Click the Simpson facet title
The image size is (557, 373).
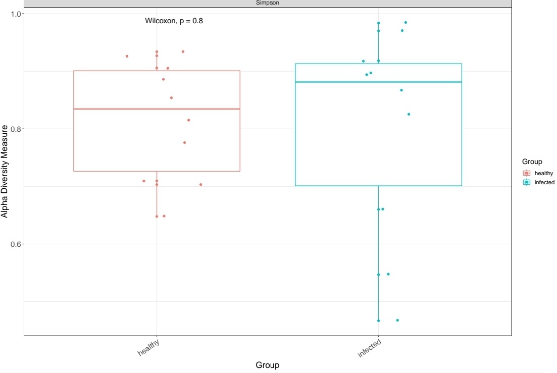[268, 3]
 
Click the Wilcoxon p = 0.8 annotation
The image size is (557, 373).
[174, 21]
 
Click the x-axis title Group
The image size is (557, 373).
[268, 365]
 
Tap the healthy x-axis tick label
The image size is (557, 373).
[149, 348]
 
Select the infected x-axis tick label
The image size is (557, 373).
[370, 349]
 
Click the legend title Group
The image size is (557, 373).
[532, 162]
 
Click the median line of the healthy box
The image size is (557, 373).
[157, 109]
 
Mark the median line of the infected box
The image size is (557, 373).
[378, 82]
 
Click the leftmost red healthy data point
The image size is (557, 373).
[127, 56]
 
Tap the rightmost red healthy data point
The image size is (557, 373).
[200, 185]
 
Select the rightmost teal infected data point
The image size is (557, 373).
[409, 114]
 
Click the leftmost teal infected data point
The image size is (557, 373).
[363, 61]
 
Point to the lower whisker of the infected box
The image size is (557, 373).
[378, 252]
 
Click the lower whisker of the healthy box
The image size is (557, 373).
[157, 194]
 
